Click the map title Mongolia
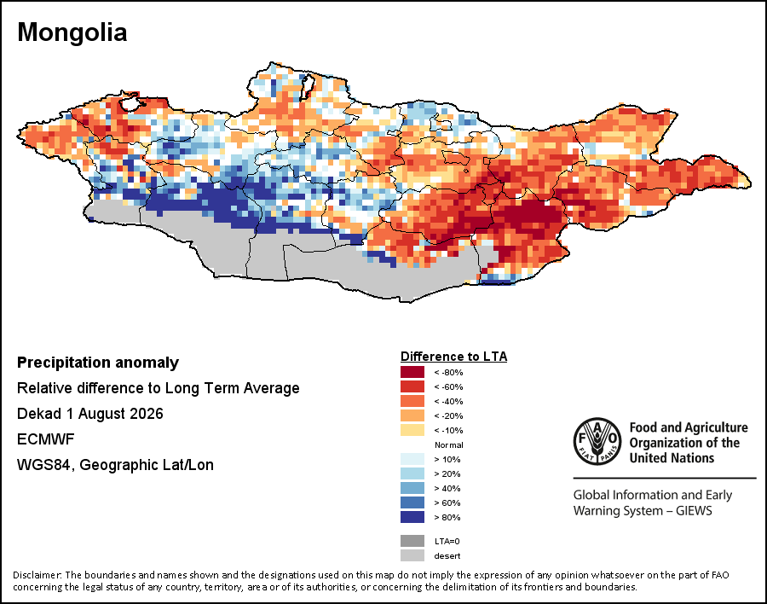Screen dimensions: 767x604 (72, 32)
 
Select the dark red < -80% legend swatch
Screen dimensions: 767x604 (412, 372)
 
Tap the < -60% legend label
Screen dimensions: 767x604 (448, 387)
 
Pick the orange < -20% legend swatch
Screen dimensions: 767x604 (412, 416)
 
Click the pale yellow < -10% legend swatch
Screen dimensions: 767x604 (412, 430)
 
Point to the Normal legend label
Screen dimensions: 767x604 (449, 444)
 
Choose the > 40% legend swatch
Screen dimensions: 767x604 (412, 488)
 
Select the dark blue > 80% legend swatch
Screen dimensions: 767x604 (412, 517)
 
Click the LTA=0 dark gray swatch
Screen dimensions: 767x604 (412, 541)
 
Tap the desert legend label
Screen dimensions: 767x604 (447, 556)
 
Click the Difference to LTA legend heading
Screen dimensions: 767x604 (454, 357)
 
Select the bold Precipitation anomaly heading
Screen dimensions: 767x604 (98, 363)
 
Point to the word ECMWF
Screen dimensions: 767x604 (45, 438)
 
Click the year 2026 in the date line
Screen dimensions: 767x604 (147, 414)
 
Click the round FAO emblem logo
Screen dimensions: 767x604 (597, 441)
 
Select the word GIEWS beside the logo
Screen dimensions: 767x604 (694, 511)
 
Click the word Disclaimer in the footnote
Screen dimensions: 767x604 (37, 575)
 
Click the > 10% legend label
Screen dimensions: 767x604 (447, 460)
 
